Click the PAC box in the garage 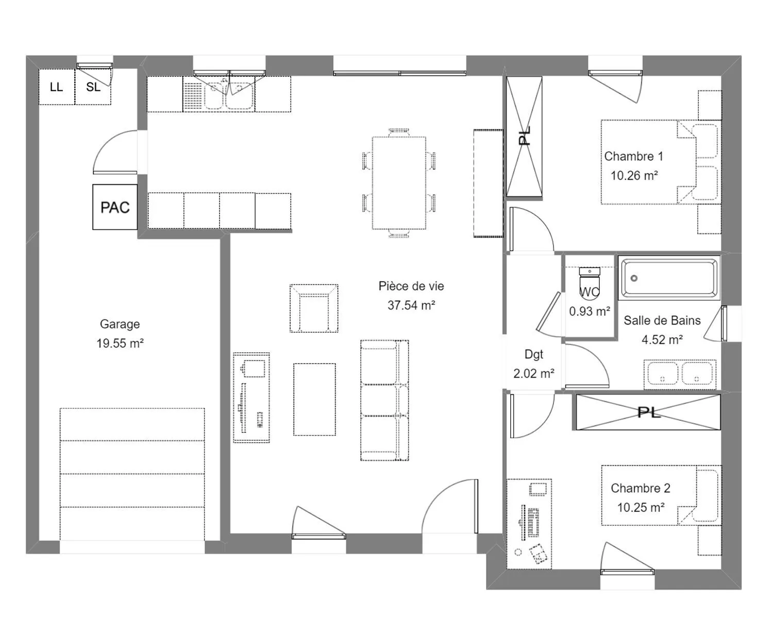point(115,207)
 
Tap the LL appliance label point(56,87)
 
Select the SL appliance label point(93,87)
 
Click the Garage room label point(120,324)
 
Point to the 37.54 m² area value point(411,305)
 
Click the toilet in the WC point(590,281)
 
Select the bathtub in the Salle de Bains point(669,278)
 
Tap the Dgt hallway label point(534,354)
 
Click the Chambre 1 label point(634,156)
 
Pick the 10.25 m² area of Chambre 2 point(641,507)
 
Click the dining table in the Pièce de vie point(399,183)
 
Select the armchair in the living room point(314,308)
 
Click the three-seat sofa point(385,400)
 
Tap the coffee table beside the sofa point(315,399)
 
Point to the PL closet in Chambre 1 point(524,136)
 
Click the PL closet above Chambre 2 point(648,412)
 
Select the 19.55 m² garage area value point(120,344)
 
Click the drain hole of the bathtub point(634,278)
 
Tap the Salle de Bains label point(662,320)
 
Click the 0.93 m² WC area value point(590,312)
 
